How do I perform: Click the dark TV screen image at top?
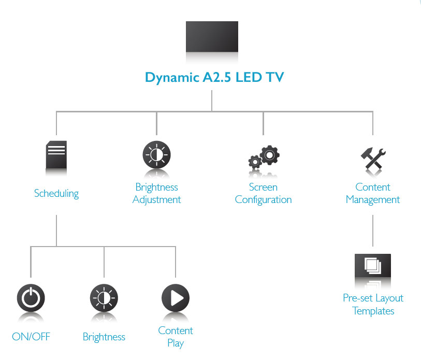[212, 36]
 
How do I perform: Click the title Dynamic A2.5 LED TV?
[214, 77]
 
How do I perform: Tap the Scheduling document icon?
[56, 155]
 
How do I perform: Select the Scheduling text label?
[56, 194]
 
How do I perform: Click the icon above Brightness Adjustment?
[156, 155]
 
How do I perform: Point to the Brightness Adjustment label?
[156, 193]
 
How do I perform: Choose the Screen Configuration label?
[263, 193]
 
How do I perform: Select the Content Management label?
[373, 193]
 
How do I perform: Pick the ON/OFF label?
[31, 337]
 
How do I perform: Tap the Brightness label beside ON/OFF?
[104, 337]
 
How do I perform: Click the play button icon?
[176, 298]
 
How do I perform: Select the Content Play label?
[176, 337]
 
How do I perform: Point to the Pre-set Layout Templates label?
[373, 305]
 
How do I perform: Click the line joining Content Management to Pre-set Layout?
[373, 231]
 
